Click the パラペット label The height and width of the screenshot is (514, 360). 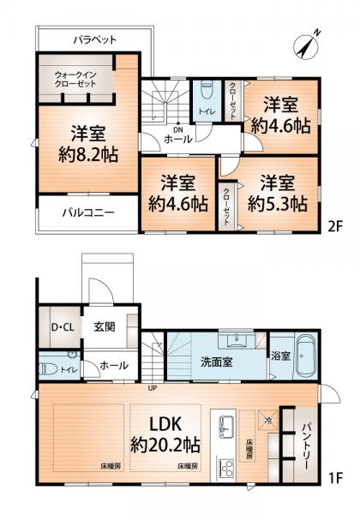(94, 39)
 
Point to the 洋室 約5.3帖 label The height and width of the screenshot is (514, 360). (277, 193)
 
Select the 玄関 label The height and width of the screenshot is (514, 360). (105, 327)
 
